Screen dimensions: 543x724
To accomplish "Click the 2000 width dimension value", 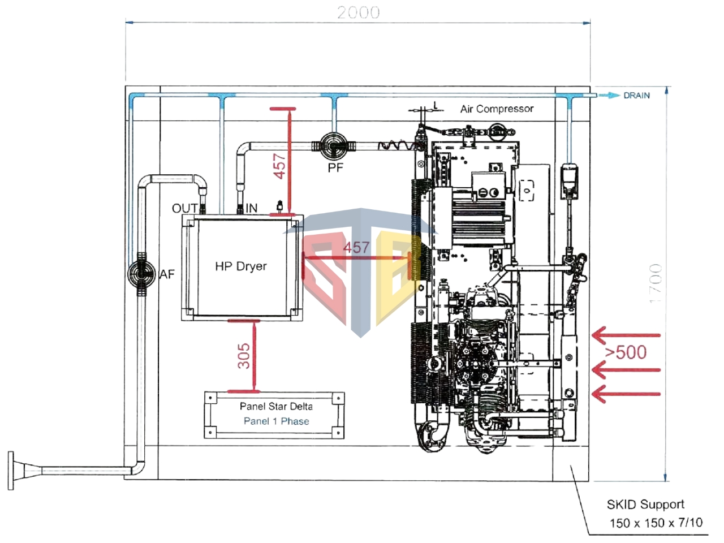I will [358, 12].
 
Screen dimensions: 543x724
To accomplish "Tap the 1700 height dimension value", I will [655, 283].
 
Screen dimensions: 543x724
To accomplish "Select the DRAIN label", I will [636, 96].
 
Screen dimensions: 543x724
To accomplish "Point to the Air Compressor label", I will [497, 109].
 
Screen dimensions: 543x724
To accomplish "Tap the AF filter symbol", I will [140, 274].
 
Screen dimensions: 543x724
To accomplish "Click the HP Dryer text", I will [240, 266].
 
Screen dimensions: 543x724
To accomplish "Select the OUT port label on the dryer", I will [185, 209].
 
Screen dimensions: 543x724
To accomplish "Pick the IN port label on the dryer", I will [251, 208].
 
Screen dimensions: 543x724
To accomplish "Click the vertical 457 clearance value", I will [280, 166].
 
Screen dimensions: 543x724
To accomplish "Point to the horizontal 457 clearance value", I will [356, 247].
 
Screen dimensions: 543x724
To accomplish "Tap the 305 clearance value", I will [244, 356].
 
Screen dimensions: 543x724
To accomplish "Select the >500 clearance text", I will [626, 352].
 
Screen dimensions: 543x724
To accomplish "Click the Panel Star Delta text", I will [276, 406].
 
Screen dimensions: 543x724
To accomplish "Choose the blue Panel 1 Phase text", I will [276, 421].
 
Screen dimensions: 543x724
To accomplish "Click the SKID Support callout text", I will [645, 504].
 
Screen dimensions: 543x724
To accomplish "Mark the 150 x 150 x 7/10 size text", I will [656, 523].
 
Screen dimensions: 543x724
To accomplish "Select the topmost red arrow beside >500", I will [625, 335].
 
